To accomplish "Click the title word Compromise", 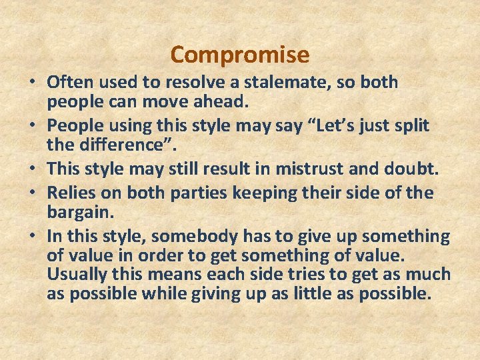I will (x=240, y=54).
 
